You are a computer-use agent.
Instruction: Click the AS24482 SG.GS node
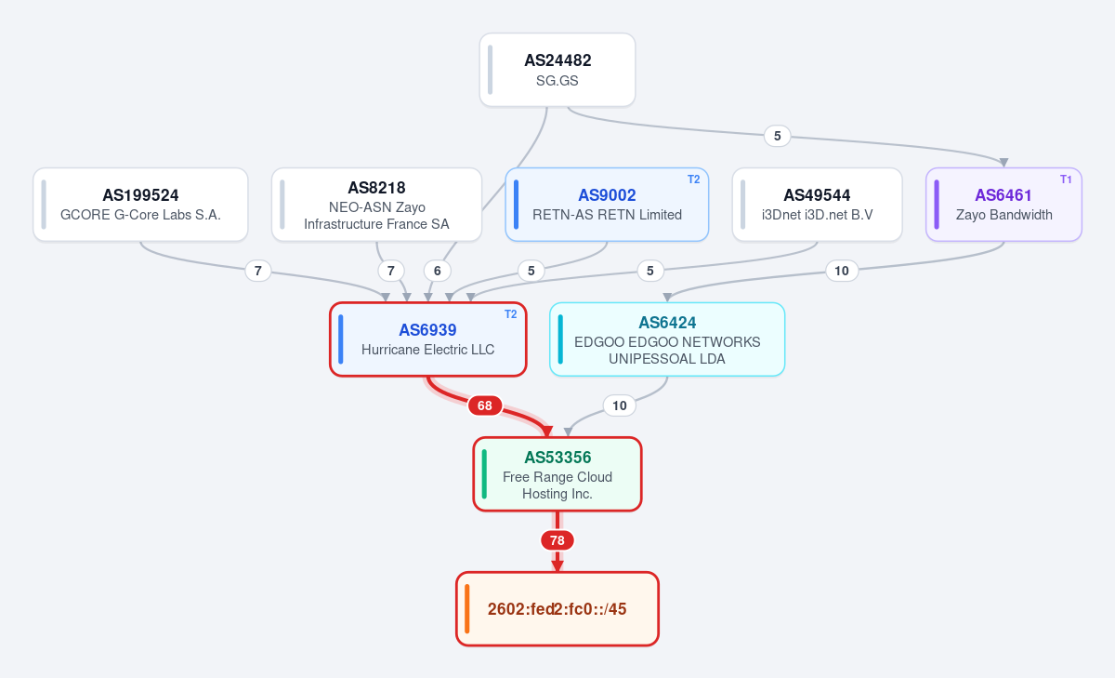(557, 70)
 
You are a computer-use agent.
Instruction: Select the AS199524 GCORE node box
(140, 205)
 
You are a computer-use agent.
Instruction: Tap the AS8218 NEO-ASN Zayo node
(377, 205)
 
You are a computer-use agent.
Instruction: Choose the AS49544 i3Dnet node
(817, 205)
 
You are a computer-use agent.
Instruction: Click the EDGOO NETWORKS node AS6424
(667, 339)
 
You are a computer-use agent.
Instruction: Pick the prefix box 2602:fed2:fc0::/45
(557, 609)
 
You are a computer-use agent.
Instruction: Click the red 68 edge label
(485, 405)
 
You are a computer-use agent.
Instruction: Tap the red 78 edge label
(557, 540)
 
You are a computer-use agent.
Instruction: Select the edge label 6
(437, 271)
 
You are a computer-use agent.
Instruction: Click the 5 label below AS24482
(777, 136)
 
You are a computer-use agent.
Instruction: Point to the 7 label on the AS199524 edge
(258, 271)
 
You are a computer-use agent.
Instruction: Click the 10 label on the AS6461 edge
(842, 271)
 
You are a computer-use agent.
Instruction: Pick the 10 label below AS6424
(619, 405)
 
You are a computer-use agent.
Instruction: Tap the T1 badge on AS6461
(1066, 179)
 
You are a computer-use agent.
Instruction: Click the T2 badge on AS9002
(693, 179)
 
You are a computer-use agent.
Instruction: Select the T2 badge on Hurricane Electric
(510, 314)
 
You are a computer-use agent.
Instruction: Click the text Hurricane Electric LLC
(428, 350)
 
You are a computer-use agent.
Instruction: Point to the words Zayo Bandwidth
(1004, 215)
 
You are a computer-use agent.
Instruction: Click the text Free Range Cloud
(557, 477)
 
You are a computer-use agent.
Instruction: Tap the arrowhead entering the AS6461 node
(1004, 163)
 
